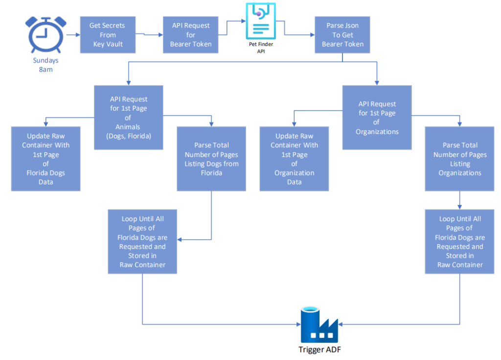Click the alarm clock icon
pyautogui.click(x=46, y=35)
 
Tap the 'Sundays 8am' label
pyautogui.click(x=46, y=65)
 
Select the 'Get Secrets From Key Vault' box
pyautogui.click(x=108, y=35)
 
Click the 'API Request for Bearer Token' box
pyautogui.click(x=191, y=35)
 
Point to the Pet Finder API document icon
pyautogui.click(x=261, y=21)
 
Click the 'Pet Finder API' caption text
pyautogui.click(x=261, y=47)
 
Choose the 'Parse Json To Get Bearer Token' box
pyautogui.click(x=342, y=35)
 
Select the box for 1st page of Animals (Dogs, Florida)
pyautogui.click(x=129, y=117)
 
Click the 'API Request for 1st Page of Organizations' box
pyautogui.click(x=377, y=117)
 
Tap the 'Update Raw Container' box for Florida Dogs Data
pyautogui.click(x=46, y=159)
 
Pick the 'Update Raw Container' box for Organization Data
pyautogui.click(x=294, y=159)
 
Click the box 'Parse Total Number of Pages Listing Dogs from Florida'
pyautogui.click(x=211, y=159)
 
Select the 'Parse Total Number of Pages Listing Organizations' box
pyautogui.click(x=460, y=159)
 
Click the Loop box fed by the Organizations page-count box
pyautogui.click(x=460, y=242)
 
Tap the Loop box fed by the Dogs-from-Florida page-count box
pyautogui.click(x=142, y=242)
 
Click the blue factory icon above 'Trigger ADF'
pyautogui.click(x=319, y=325)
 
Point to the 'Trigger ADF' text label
pyautogui.click(x=319, y=349)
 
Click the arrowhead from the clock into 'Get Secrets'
pyautogui.click(x=78, y=35)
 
